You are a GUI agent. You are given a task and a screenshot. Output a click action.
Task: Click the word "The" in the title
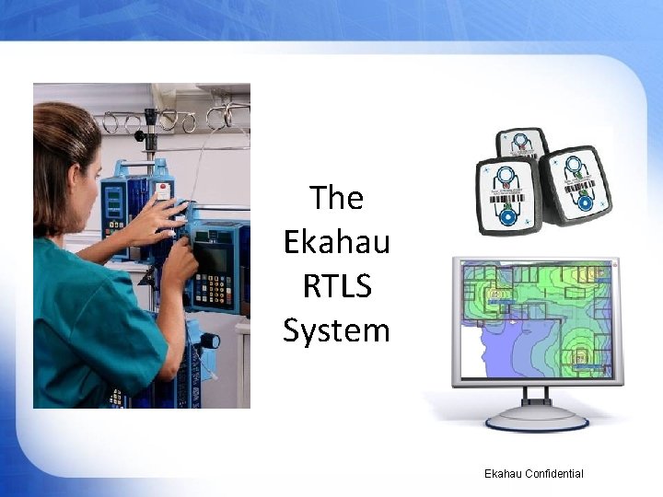tap(336, 197)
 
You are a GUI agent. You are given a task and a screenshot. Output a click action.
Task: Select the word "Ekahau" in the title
tap(337, 241)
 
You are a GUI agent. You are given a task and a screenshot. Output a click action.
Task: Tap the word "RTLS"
tap(337, 285)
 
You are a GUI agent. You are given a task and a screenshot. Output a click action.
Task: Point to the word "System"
tap(337, 329)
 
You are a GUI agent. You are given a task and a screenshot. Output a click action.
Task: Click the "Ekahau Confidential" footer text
tap(533, 473)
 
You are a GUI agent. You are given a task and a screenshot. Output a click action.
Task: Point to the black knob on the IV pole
tap(141, 135)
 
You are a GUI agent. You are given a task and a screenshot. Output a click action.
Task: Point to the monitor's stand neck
tap(537, 395)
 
